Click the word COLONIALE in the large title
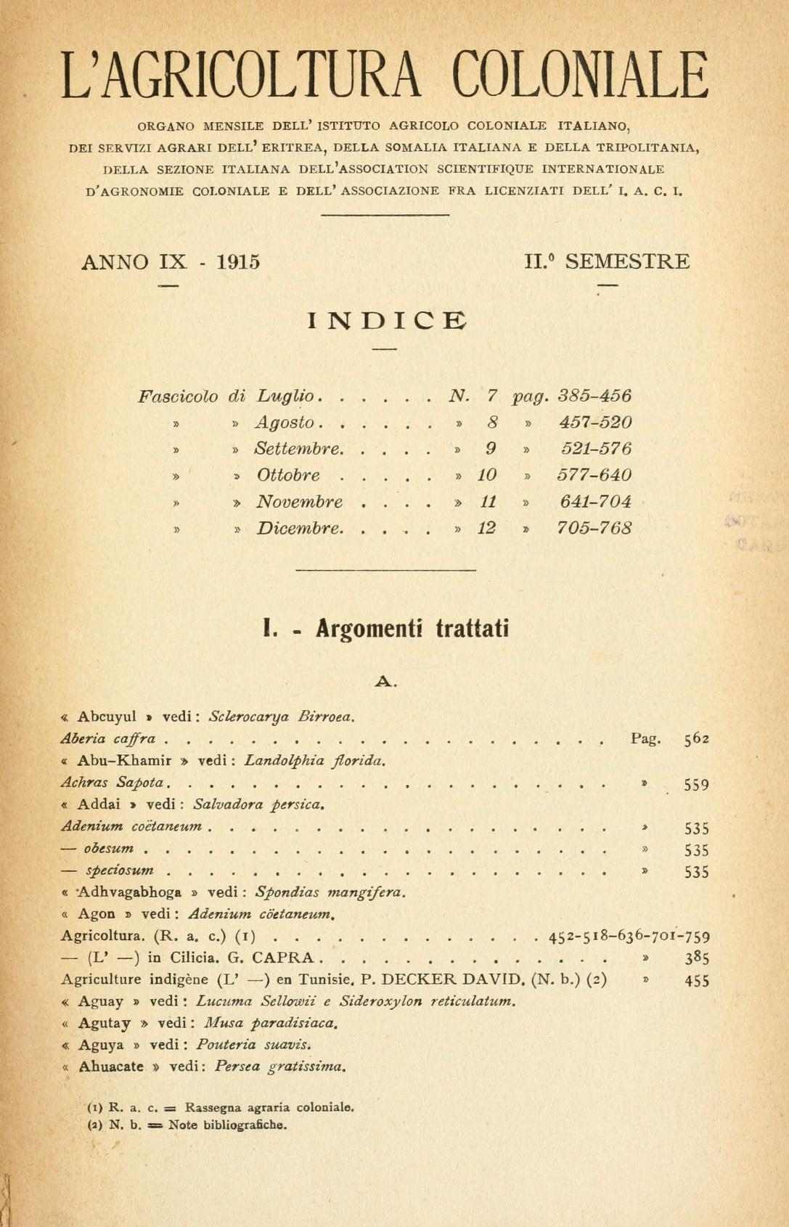[580, 76]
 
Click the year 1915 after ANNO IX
[238, 262]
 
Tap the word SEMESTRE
[627, 261]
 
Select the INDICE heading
[387, 320]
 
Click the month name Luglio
[285, 396]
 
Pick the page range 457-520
[595, 423]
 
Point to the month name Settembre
[298, 449]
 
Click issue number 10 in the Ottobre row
[486, 476]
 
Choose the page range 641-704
[595, 502]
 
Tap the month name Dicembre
[298, 529]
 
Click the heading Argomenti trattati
[412, 628]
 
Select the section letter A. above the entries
[385, 681]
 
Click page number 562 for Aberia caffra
[696, 740]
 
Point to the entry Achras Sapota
[115, 783]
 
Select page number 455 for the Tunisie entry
[696, 980]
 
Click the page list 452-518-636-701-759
[629, 937]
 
